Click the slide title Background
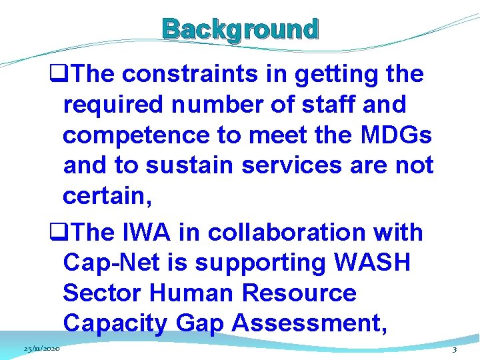(x=241, y=30)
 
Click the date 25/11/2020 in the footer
(x=41, y=349)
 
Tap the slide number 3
(x=454, y=349)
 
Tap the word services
(x=293, y=165)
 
